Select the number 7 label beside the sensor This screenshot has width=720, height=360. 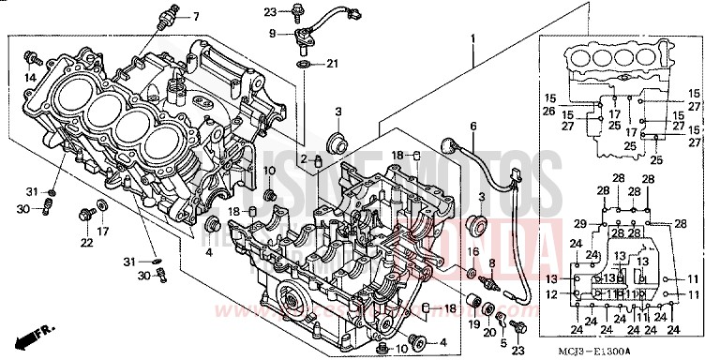[x=197, y=18]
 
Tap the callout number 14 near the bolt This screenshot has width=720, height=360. [x=30, y=78]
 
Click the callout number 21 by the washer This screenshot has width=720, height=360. [x=332, y=65]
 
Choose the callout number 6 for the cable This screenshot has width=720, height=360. [x=472, y=127]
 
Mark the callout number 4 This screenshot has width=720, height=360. [x=209, y=252]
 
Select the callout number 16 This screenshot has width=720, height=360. [x=473, y=252]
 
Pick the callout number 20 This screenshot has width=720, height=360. [x=490, y=333]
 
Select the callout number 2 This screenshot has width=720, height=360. [x=303, y=157]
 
